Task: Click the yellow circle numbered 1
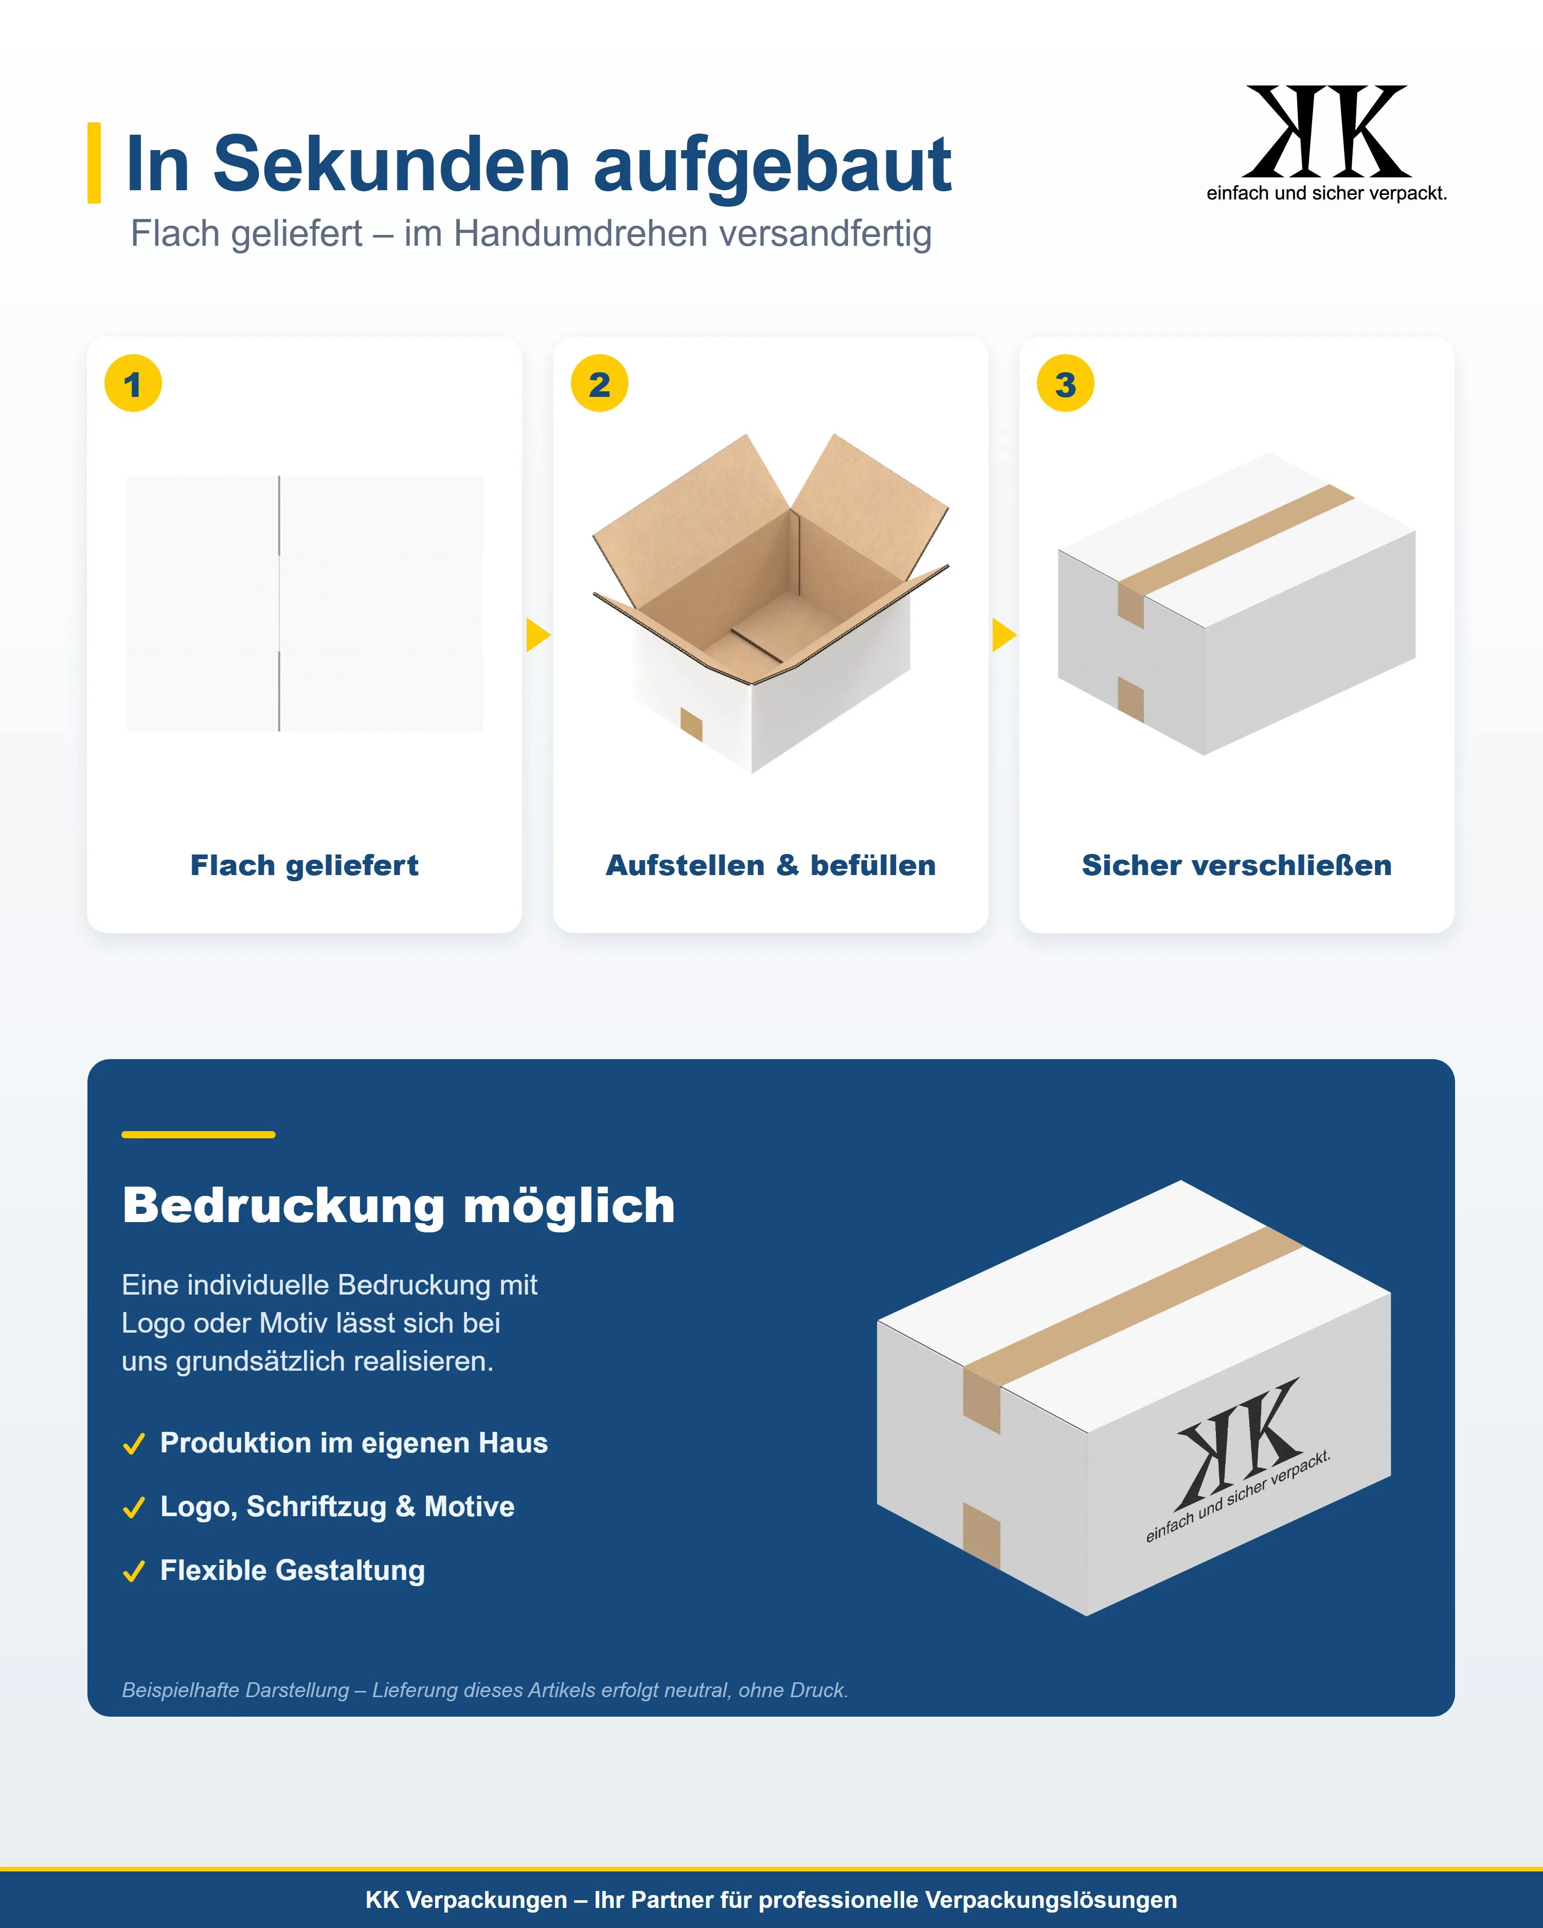[x=133, y=384]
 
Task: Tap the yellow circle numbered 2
[x=599, y=384]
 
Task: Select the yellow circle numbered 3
[x=1065, y=384]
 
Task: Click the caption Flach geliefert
[x=304, y=866]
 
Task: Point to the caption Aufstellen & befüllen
[x=771, y=866]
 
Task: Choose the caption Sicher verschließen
[x=1237, y=866]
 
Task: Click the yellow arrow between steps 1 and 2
[x=537, y=635]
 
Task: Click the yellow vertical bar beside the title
[x=94, y=163]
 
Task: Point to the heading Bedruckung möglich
[x=399, y=1206]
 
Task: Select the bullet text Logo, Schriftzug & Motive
[x=337, y=1507]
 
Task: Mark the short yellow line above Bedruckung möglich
[x=199, y=1134]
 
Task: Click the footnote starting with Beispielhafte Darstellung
[x=485, y=1690]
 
